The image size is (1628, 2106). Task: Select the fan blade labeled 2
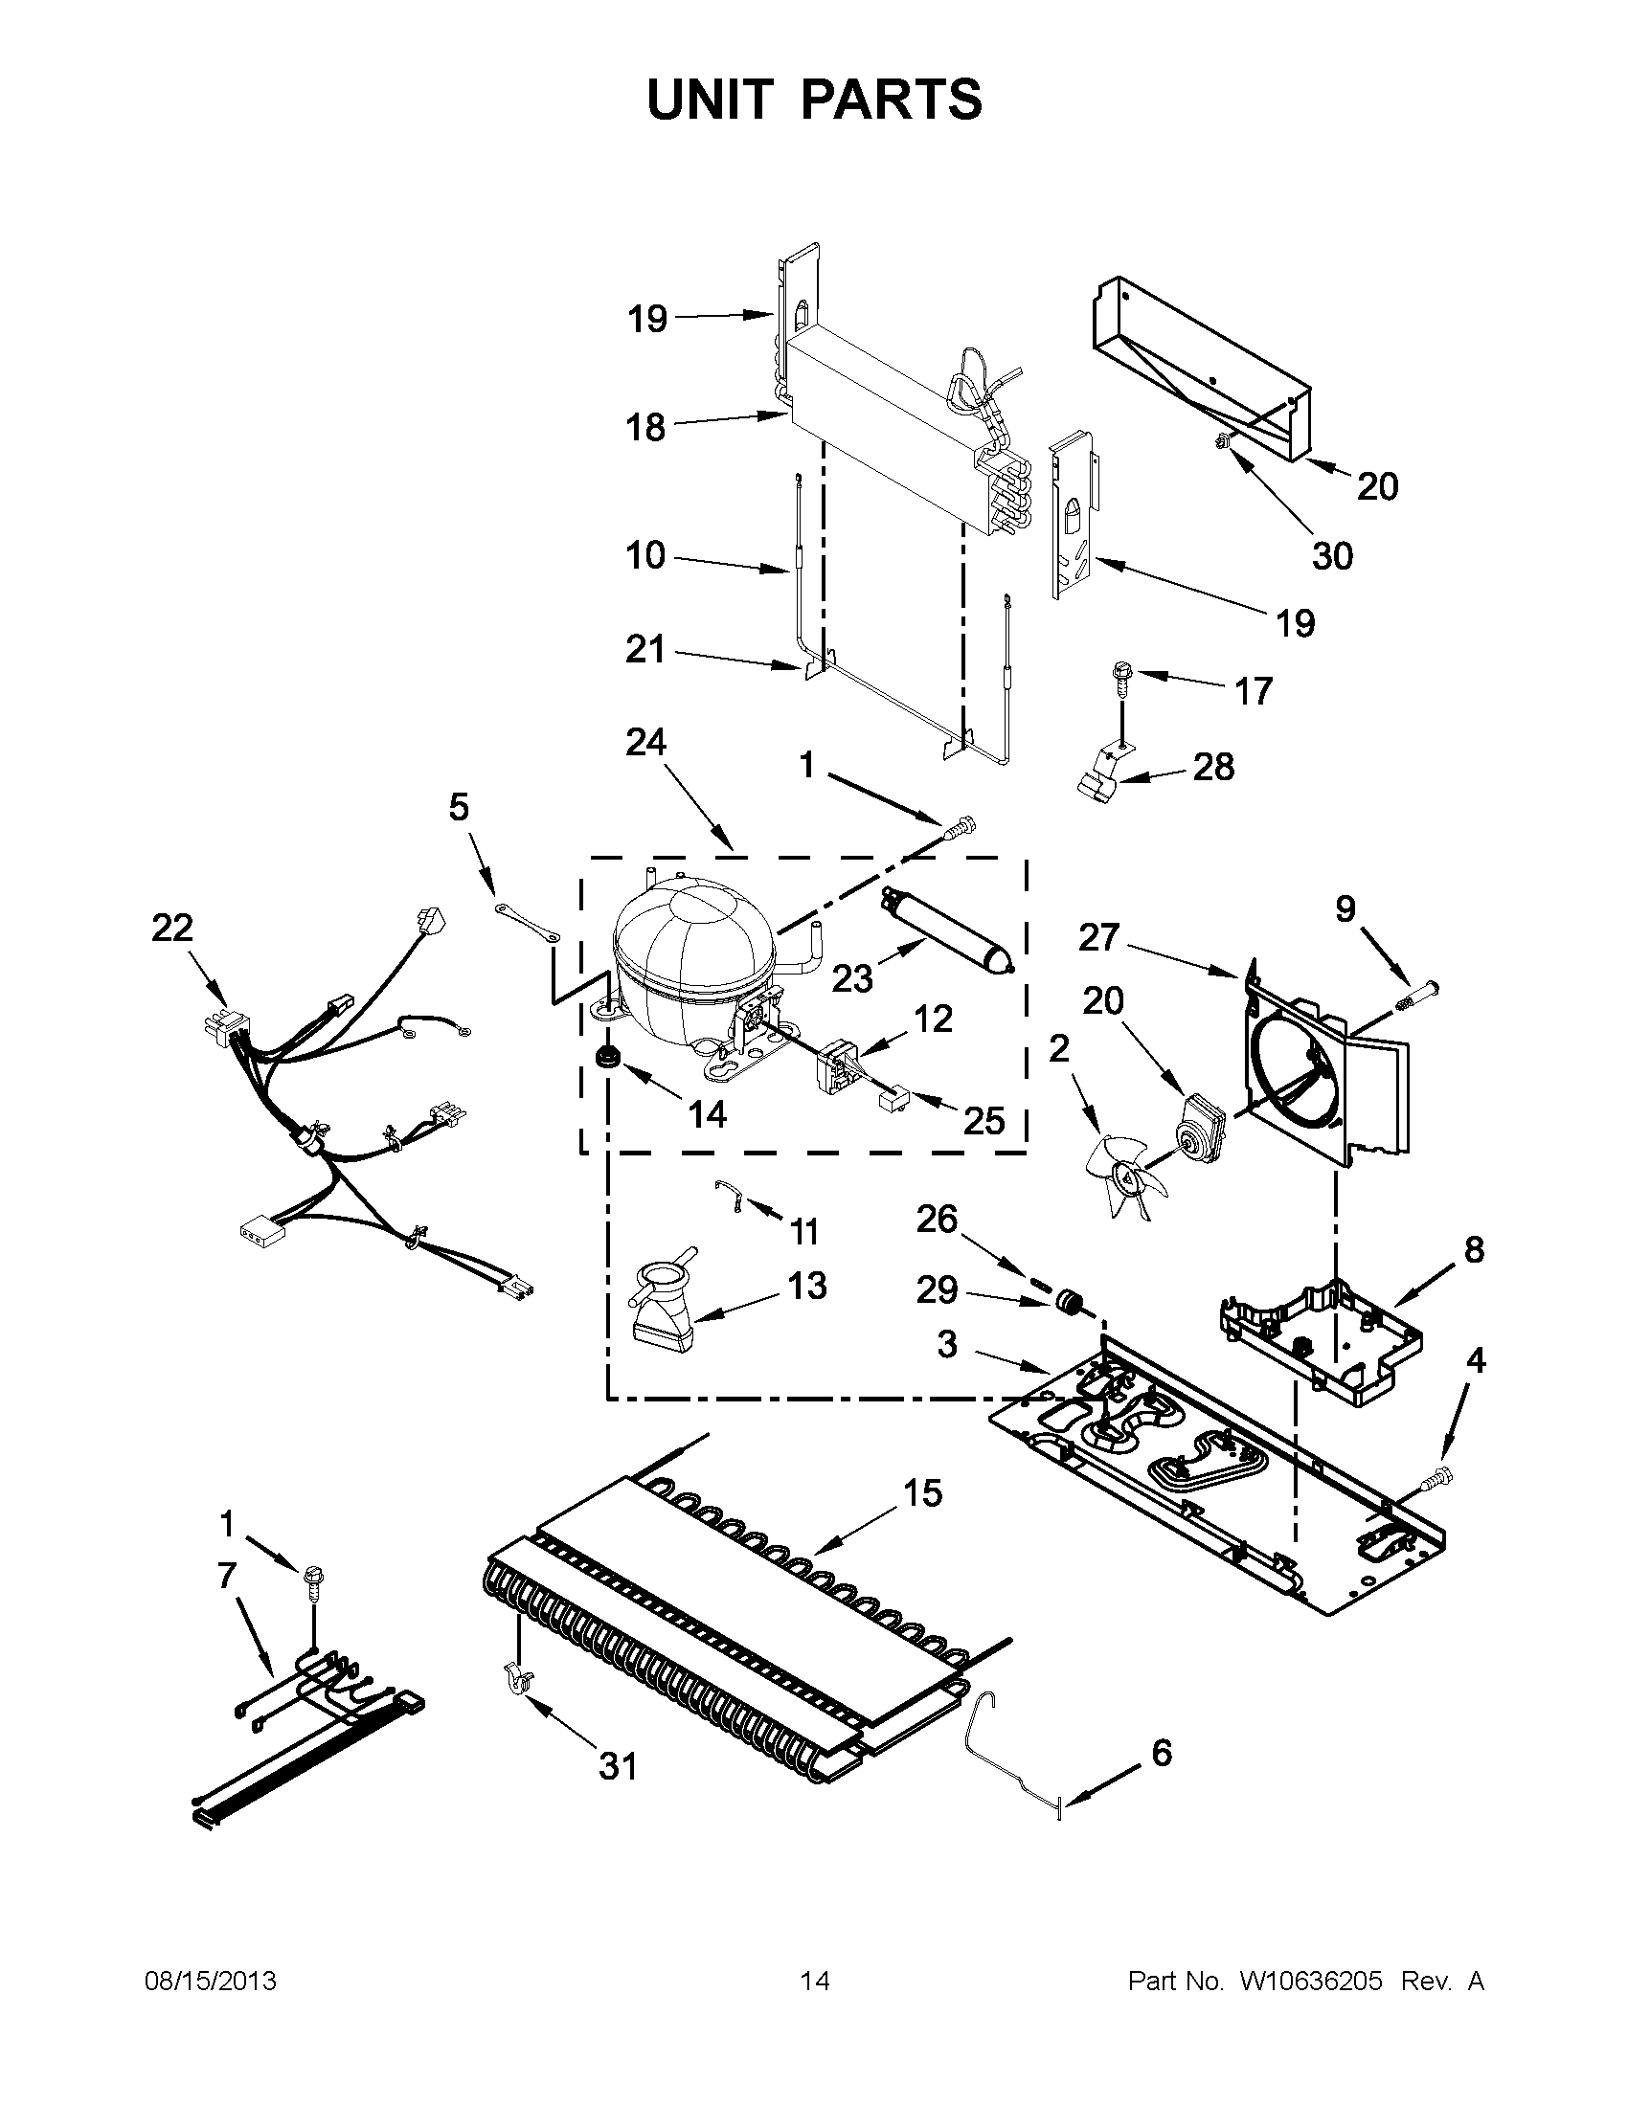click(1122, 1175)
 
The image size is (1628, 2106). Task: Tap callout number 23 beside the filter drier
click(852, 978)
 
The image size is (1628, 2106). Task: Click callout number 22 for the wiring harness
click(171, 928)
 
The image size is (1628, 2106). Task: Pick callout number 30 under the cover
click(1332, 555)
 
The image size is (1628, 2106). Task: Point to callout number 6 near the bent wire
click(1162, 1752)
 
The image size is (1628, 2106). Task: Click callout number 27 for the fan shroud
click(1098, 936)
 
